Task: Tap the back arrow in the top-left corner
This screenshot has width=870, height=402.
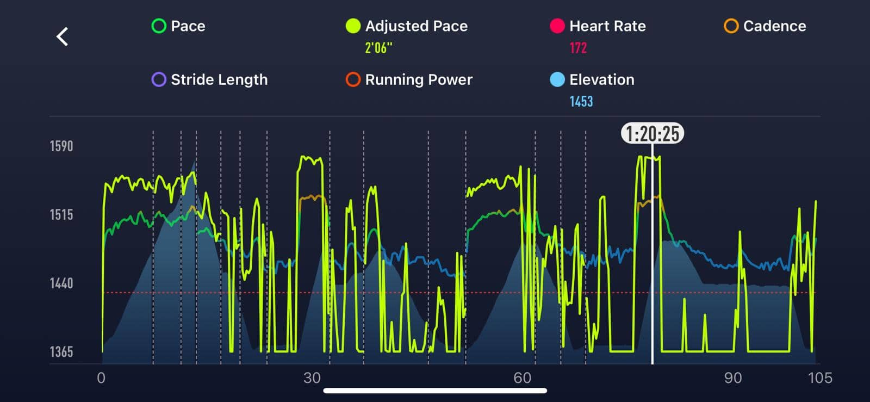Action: pyautogui.click(x=63, y=37)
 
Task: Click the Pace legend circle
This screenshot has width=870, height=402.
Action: pyautogui.click(x=159, y=26)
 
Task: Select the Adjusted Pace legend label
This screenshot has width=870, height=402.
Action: pyautogui.click(x=416, y=26)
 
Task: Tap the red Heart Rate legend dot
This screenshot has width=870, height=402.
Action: pyautogui.click(x=557, y=26)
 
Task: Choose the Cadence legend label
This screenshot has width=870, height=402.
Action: pyautogui.click(x=774, y=26)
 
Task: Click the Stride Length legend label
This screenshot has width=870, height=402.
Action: pyautogui.click(x=219, y=80)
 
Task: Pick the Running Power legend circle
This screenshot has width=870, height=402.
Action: pyautogui.click(x=353, y=80)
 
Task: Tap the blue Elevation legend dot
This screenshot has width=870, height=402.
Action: pyautogui.click(x=557, y=80)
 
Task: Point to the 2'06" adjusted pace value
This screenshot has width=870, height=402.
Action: pyautogui.click(x=378, y=48)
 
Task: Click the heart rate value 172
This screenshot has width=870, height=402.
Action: pyautogui.click(x=578, y=48)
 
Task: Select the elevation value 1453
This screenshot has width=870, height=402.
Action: pyautogui.click(x=581, y=102)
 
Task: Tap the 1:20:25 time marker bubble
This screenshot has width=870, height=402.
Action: pyautogui.click(x=652, y=133)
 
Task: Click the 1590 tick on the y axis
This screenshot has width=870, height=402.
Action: pyautogui.click(x=61, y=146)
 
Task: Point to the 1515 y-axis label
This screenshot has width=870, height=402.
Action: pyautogui.click(x=61, y=215)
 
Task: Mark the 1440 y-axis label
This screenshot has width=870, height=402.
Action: pyautogui.click(x=61, y=283)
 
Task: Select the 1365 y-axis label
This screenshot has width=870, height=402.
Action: pyautogui.click(x=61, y=352)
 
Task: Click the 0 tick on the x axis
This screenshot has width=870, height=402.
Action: pyautogui.click(x=101, y=378)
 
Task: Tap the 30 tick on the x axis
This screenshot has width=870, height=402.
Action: pyautogui.click(x=312, y=378)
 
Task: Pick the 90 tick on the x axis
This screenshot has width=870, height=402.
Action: pyautogui.click(x=732, y=378)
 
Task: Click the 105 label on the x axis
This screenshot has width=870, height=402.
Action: pyautogui.click(x=819, y=378)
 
